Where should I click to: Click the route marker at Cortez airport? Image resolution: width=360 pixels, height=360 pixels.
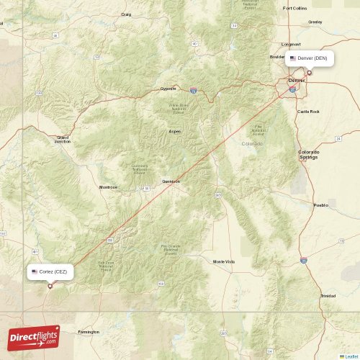pos(50,286)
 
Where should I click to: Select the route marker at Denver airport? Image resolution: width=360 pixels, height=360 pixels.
pos(310,72)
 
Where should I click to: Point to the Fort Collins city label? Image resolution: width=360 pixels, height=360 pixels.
pos(294,8)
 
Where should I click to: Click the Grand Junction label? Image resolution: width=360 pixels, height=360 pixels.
pos(63,139)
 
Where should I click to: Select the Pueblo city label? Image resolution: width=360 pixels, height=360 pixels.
pos(320,205)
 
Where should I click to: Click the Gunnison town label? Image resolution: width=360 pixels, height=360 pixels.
pos(171,181)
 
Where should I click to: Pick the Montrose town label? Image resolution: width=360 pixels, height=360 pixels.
pos(108,187)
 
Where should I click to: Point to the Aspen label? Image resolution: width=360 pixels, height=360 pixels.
pos(175,132)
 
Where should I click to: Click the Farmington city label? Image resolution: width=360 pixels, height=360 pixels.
pos(89,332)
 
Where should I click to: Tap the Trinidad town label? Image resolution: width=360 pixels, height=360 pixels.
pos(328,296)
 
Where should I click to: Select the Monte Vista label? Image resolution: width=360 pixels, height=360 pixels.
pos(224,261)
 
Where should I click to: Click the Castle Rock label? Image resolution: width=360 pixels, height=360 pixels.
pos(308,112)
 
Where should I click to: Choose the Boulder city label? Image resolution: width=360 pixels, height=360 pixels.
pos(277,57)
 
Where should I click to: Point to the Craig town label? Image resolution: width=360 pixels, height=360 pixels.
pos(127,14)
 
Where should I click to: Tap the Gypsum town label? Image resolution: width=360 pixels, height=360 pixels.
pos(168,89)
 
